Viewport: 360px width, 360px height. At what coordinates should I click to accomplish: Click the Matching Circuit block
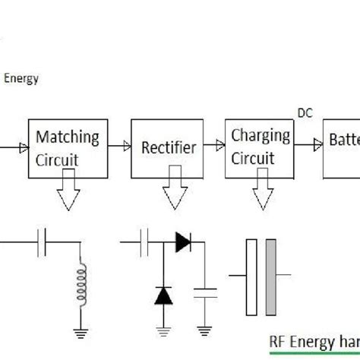[x=68, y=149]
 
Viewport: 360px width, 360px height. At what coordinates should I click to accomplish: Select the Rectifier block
[x=169, y=148]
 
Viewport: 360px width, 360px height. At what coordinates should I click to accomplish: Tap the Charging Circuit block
[x=260, y=147]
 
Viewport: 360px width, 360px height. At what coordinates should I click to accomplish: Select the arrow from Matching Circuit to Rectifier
[x=118, y=144]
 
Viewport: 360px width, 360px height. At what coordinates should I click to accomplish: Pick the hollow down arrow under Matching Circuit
[x=69, y=194]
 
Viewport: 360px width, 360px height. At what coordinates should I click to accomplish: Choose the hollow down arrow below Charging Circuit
[x=264, y=194]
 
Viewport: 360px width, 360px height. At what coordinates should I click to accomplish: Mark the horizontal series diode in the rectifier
[x=182, y=242]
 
